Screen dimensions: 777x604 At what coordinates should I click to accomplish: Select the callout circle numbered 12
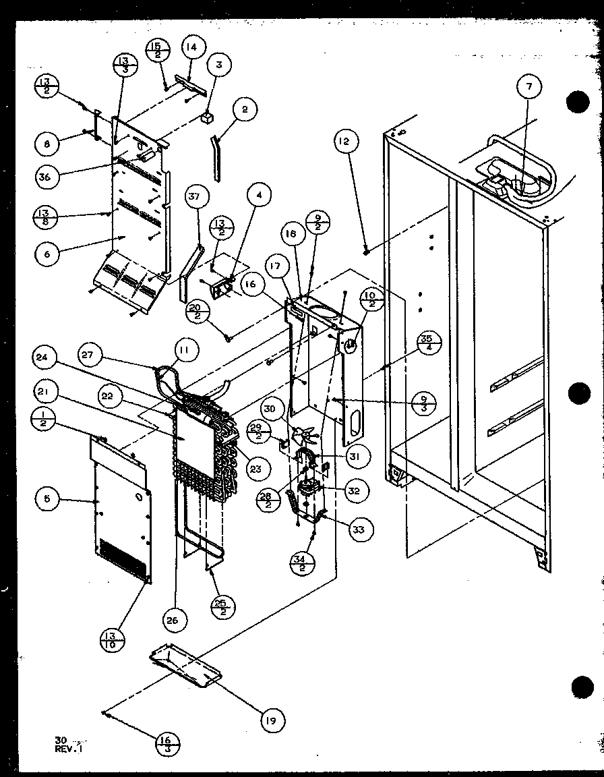345,142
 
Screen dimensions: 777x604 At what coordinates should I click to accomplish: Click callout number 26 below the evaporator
173,621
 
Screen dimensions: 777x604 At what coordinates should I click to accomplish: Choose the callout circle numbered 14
193,49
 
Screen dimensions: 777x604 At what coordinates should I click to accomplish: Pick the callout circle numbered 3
218,65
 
